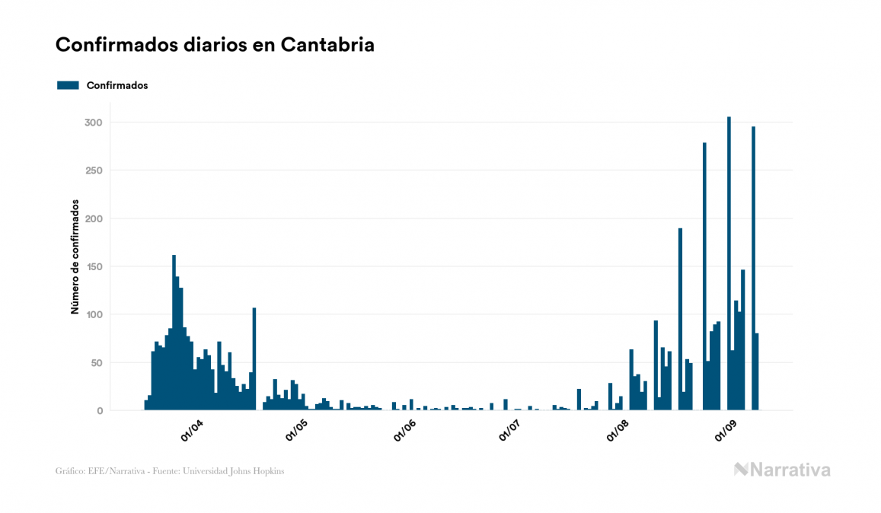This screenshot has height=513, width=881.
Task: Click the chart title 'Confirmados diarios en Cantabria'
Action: coord(215,45)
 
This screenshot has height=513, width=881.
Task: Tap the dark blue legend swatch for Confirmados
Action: coord(68,85)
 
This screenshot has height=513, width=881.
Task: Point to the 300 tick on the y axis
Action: coord(94,123)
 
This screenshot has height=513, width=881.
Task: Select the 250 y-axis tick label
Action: coord(94,170)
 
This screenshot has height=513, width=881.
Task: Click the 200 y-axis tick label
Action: coord(94,218)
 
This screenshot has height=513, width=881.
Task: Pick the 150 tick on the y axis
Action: coord(94,266)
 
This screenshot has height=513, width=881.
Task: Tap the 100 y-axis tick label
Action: coord(94,314)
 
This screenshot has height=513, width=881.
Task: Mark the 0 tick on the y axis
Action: coord(99,411)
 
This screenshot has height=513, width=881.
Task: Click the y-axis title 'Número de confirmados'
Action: coord(75,257)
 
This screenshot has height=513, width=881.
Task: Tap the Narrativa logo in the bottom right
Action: coord(782,470)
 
